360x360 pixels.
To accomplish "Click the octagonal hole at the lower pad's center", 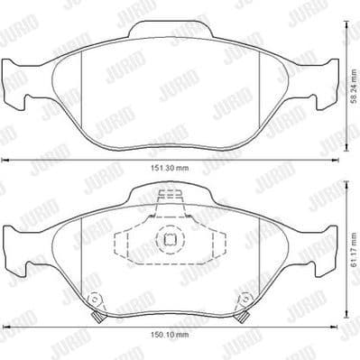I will coord(170,240).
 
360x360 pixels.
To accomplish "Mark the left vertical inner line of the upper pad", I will coord(82,90).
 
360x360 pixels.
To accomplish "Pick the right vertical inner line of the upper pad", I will coord(254,90).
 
